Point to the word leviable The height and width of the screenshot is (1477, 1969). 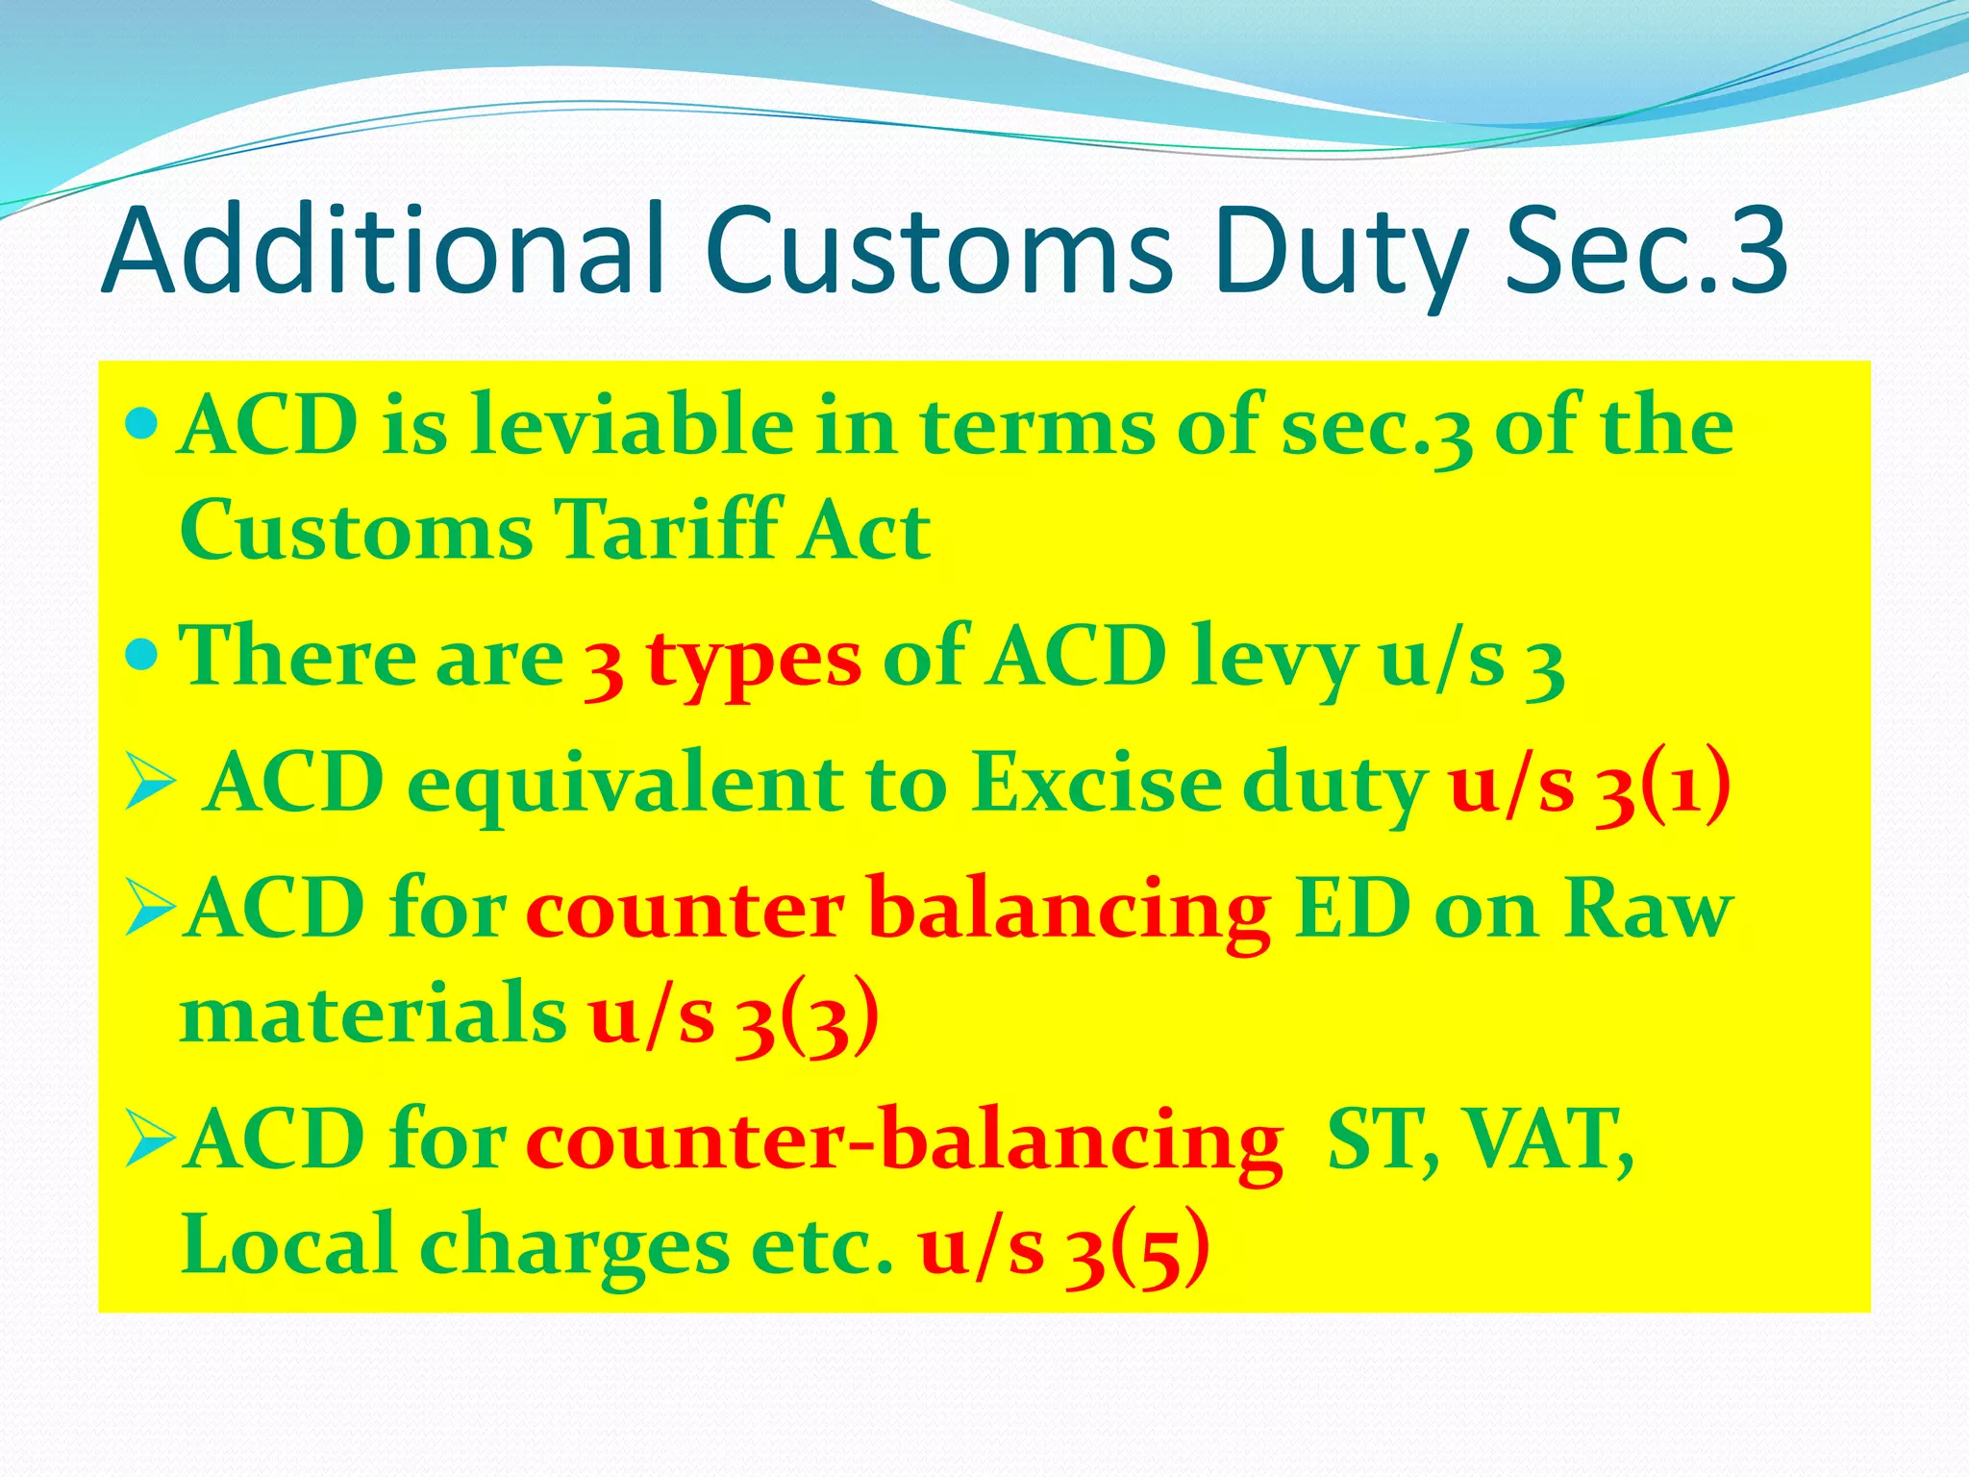[x=632, y=425]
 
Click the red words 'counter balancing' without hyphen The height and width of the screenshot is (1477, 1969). [x=898, y=910]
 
